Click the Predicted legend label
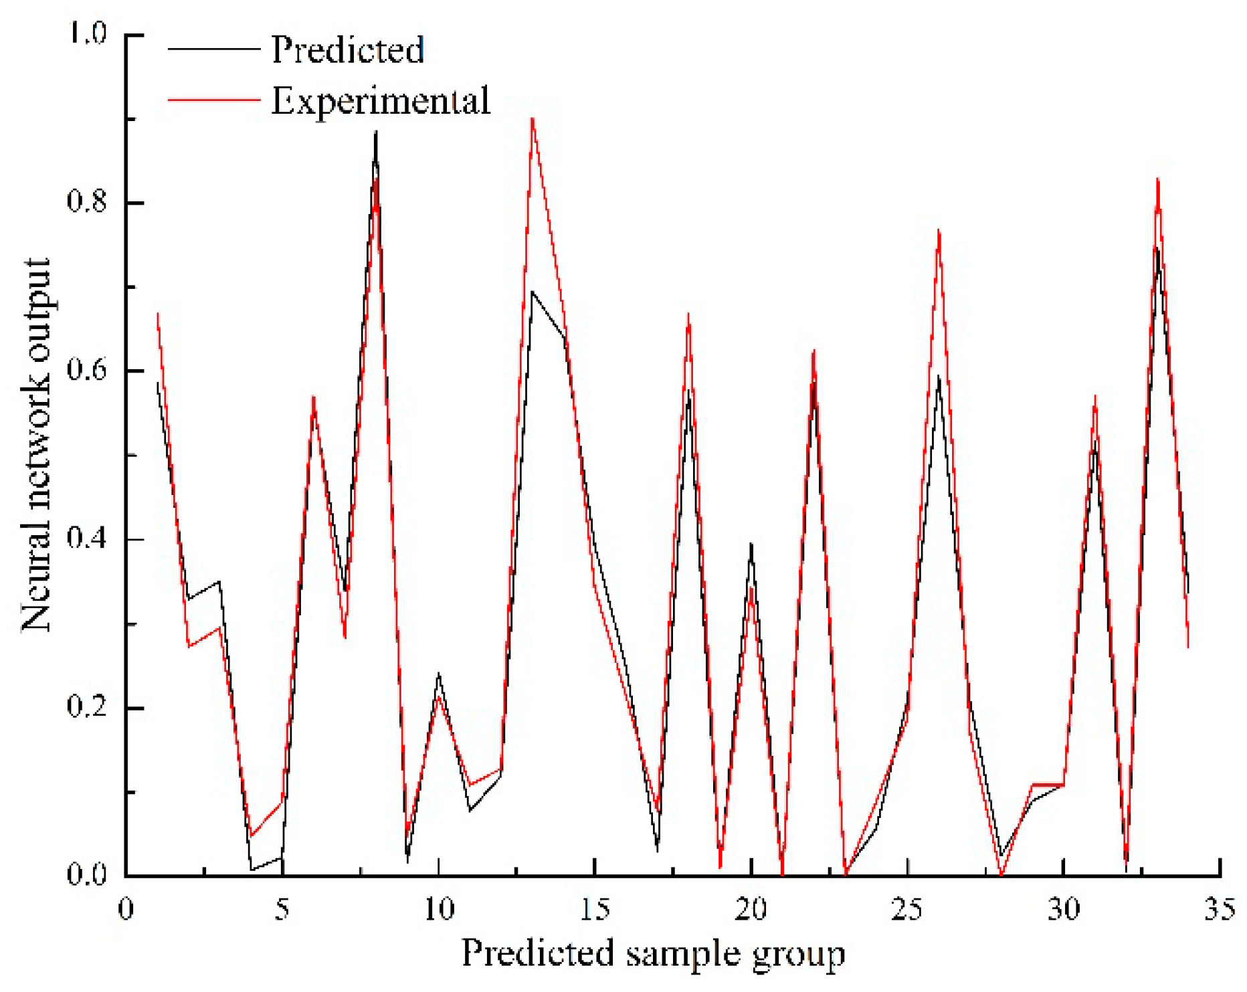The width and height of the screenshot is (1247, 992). pos(347,49)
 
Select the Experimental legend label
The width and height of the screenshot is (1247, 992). pos(380,101)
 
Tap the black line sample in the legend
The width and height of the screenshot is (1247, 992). pos(213,49)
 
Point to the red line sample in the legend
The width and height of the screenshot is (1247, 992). pos(213,100)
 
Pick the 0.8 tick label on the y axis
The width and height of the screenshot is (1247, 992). pos(87,202)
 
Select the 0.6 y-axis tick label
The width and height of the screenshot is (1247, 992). pos(87,371)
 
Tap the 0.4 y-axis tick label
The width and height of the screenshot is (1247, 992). pos(87,539)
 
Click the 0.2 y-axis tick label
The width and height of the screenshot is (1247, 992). pos(87,708)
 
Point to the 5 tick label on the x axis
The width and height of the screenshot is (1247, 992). pos(282,909)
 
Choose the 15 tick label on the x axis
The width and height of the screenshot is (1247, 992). pos(595,909)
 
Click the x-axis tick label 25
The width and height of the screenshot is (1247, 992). pos(907,909)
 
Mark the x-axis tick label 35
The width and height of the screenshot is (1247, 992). pos(1220,909)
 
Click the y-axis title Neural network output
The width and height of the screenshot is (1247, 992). pos(36,445)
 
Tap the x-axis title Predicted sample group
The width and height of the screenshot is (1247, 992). pos(653,953)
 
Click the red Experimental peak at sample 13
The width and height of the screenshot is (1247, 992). pos(533,119)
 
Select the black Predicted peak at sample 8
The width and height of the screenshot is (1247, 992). pos(377,132)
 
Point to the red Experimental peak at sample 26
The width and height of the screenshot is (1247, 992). pos(939,231)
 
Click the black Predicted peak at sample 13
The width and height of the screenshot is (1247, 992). pos(533,292)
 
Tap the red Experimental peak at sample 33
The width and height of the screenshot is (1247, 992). pos(1157,179)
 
